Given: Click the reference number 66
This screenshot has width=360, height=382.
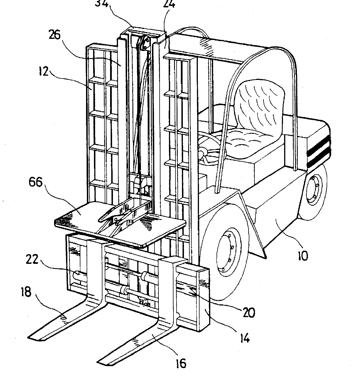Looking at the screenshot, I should tap(35, 182).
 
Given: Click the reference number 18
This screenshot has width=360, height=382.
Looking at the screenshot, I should tap(26, 292).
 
